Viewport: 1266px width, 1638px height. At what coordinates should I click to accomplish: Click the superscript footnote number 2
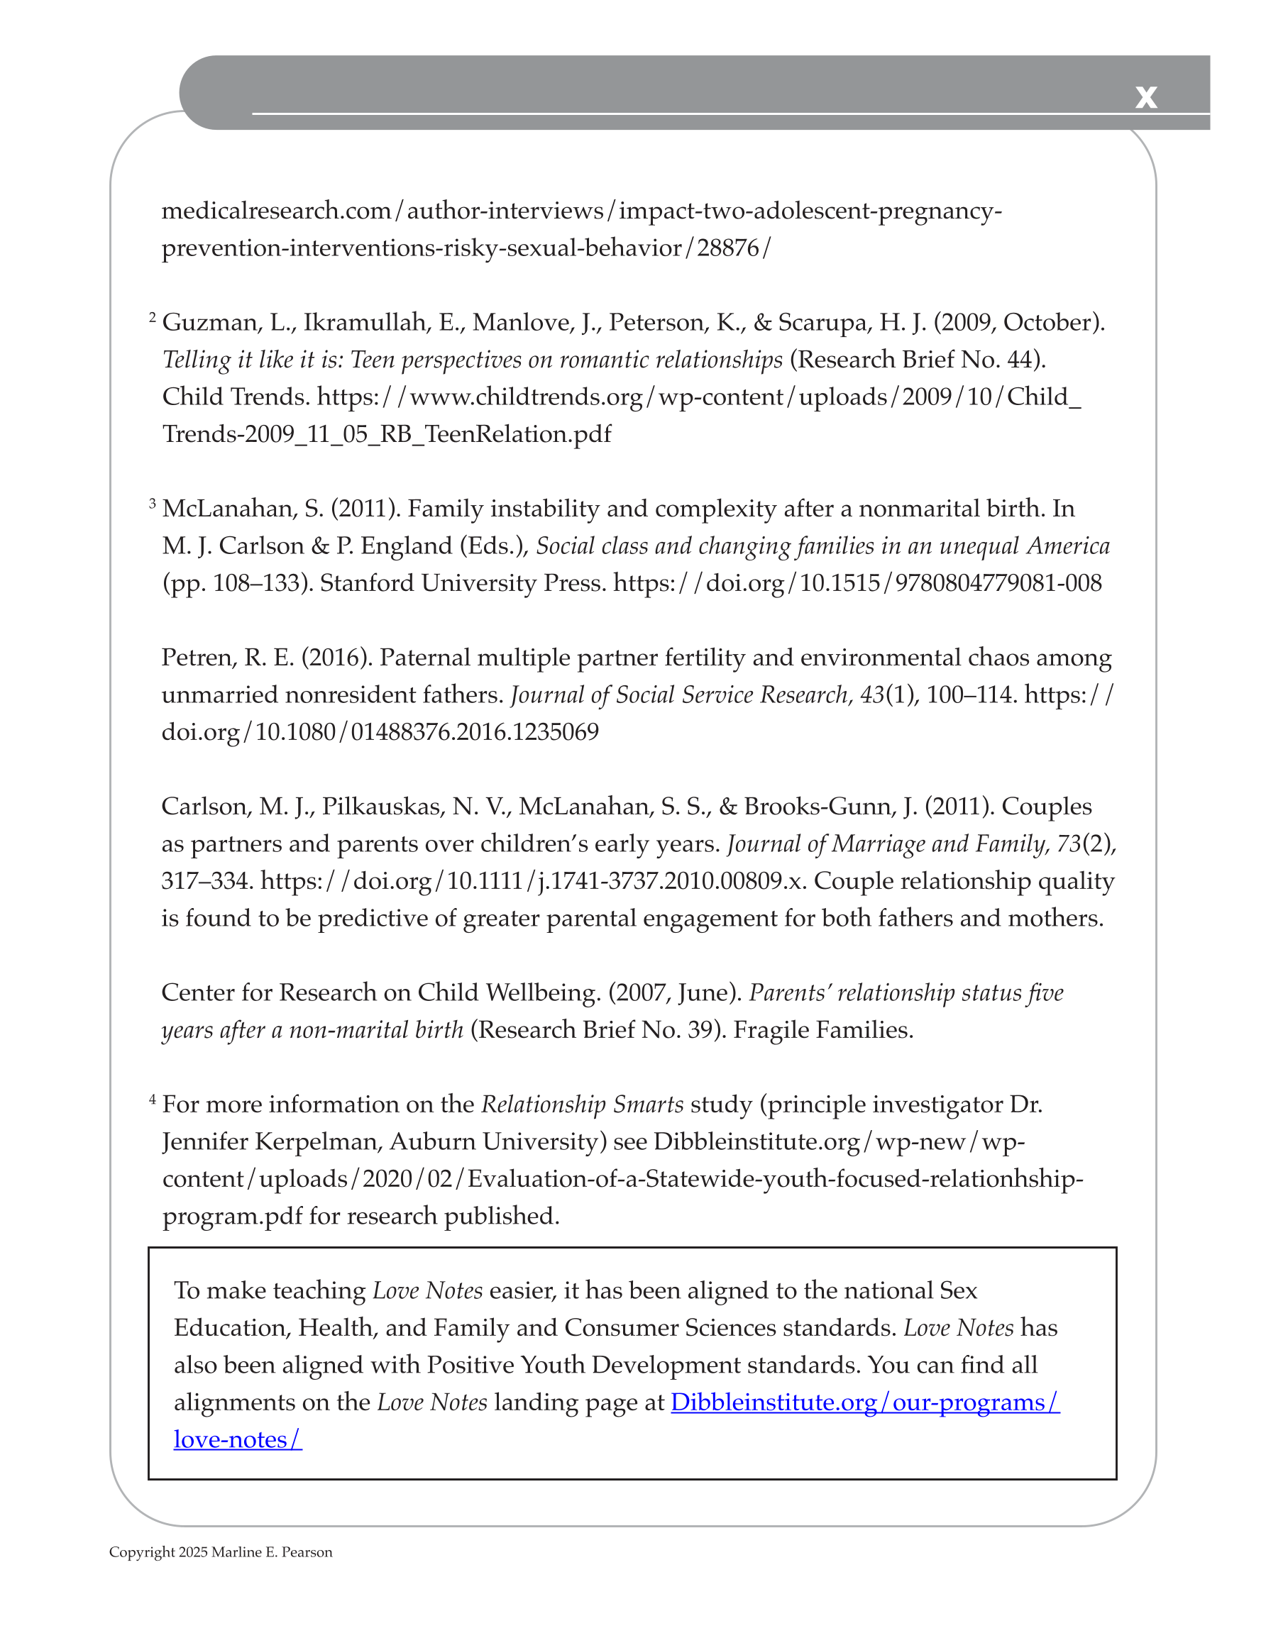153,318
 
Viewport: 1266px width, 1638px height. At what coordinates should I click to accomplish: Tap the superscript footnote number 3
153,504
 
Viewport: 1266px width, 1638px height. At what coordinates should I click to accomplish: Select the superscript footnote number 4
153,1100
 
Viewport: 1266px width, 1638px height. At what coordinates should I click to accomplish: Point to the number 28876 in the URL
727,248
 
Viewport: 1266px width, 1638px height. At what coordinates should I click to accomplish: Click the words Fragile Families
822,1031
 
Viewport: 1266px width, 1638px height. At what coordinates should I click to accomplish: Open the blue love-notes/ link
237,1440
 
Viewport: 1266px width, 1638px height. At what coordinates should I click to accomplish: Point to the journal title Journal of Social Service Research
679,695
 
